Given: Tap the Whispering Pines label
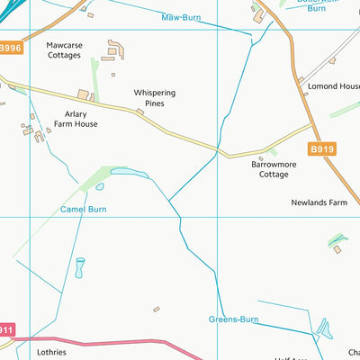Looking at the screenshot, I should [x=155, y=97].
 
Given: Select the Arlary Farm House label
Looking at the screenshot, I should [x=75, y=119].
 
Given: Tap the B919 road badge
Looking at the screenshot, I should [x=321, y=148].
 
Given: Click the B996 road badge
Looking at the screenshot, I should [x=10, y=48].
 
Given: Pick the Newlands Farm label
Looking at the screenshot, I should [x=319, y=203].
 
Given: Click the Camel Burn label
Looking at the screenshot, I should [x=84, y=209].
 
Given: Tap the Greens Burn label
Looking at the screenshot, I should [x=235, y=319].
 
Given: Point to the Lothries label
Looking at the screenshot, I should [x=51, y=352].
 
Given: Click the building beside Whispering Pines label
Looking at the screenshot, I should [x=139, y=112].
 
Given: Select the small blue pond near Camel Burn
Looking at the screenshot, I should [x=99, y=187].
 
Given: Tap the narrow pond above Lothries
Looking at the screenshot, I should [x=79, y=267].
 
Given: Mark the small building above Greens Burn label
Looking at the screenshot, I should [x=156, y=309].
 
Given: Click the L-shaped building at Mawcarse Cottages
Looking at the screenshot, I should [x=115, y=49].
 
